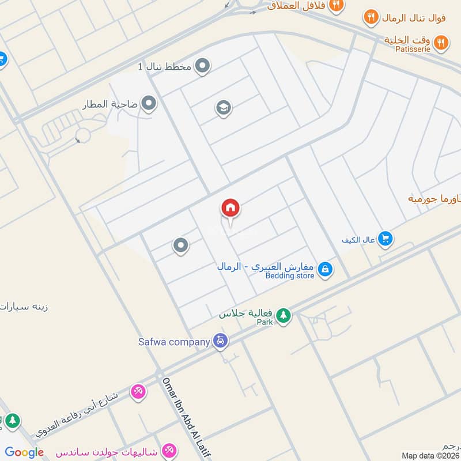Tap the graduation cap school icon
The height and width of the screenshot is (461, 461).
pyautogui.click(x=224, y=108)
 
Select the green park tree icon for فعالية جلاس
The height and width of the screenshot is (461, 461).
pyautogui.click(x=283, y=315)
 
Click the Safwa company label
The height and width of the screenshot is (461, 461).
pyautogui.click(x=173, y=341)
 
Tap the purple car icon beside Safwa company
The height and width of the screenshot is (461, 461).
pyautogui.click(x=220, y=341)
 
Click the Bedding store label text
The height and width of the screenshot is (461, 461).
pyautogui.click(x=290, y=276)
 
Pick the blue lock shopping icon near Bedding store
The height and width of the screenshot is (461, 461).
pyautogui.click(x=325, y=269)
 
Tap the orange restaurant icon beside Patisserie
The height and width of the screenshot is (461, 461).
pyautogui.click(x=441, y=41)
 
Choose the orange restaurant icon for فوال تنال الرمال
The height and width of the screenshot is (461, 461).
pyautogui.click(x=372, y=18)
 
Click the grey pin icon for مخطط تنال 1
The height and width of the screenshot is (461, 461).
pyautogui.click(x=202, y=67)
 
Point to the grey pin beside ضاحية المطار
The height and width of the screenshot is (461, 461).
pyautogui.click(x=149, y=104)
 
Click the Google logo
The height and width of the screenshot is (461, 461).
pyautogui.click(x=24, y=452)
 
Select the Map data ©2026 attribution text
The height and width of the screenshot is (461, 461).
pyautogui.click(x=429, y=455)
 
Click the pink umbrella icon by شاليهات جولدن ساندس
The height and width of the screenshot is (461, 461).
pyautogui.click(x=169, y=449)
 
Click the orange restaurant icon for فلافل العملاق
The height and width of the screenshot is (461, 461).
pyautogui.click(x=337, y=5)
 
